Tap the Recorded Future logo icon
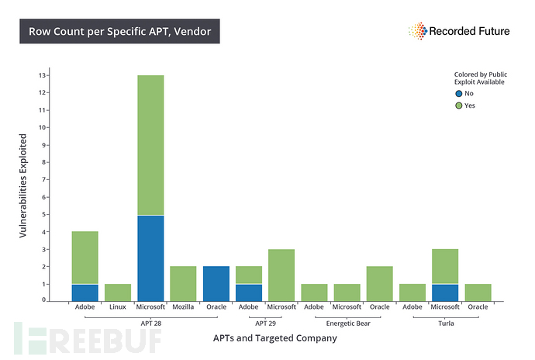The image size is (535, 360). click(x=417, y=31)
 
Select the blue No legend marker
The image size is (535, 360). click(x=458, y=93)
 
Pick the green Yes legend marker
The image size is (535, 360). click(x=458, y=106)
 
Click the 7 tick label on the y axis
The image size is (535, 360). click(x=43, y=179)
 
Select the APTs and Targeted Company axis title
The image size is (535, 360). click(x=274, y=338)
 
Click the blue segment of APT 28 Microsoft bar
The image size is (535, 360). click(x=150, y=258)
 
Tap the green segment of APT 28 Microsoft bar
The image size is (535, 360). click(x=150, y=145)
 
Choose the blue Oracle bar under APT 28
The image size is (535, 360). click(x=216, y=283)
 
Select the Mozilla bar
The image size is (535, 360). click(x=183, y=283)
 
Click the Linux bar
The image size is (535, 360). click(x=118, y=292)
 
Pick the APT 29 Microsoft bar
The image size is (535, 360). click(x=281, y=275)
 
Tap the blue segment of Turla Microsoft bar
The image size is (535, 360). click(x=444, y=292)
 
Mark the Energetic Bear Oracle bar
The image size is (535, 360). click(x=379, y=283)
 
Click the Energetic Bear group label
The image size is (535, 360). click(x=347, y=322)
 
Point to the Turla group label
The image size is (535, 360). click(x=444, y=322)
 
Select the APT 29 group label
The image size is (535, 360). click(x=264, y=322)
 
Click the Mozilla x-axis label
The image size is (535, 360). click(x=183, y=307)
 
